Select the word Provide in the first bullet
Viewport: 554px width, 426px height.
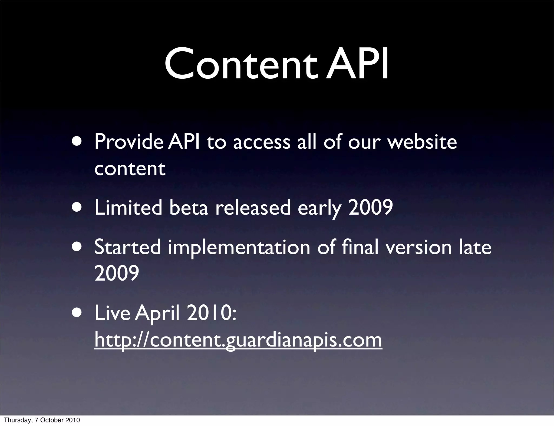coord(128,142)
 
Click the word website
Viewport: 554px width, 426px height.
coord(422,142)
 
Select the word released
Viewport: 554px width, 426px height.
coord(253,208)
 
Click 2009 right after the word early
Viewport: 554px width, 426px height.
coord(371,208)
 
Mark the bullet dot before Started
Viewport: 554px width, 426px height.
coord(78,246)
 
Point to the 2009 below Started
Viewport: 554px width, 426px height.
coord(117,273)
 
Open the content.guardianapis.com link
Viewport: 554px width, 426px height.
coord(238,340)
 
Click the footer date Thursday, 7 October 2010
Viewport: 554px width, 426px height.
coord(42,420)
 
